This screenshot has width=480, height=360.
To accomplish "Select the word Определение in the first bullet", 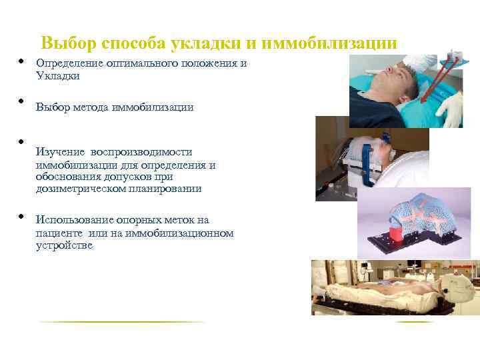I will [x=71, y=64].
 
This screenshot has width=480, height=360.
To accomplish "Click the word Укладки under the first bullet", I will [x=58, y=76].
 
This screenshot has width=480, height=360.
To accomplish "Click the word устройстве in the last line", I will [x=65, y=245].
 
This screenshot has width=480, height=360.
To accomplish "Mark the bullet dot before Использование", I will [x=21, y=217].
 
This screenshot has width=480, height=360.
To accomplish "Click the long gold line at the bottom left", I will [x=123, y=322].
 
